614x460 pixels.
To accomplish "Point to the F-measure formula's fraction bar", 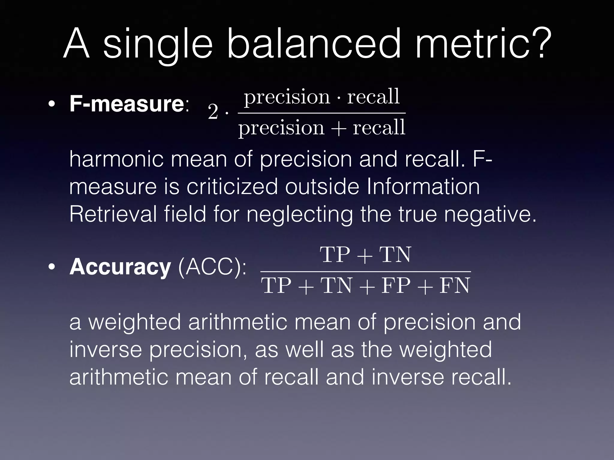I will (x=321, y=113).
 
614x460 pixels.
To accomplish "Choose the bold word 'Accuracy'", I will (x=120, y=267).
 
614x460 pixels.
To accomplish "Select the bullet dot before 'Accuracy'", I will (x=52, y=267).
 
